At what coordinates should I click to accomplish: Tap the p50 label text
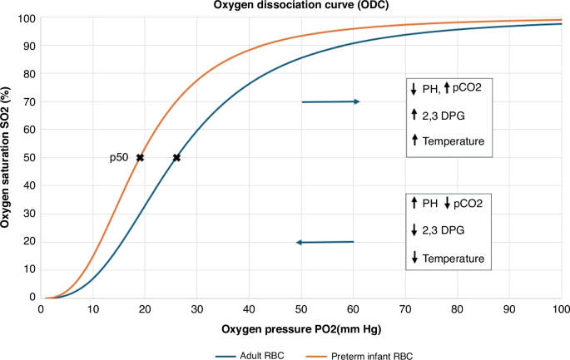tap(120, 158)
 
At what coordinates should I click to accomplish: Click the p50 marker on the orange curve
tap(141, 157)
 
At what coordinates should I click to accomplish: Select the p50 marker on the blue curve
tap(176, 157)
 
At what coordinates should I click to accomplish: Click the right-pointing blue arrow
tap(330, 101)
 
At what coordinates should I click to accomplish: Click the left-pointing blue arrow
tap(325, 242)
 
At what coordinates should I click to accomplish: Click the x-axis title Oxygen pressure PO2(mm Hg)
tap(301, 329)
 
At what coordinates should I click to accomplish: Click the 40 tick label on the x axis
tap(250, 308)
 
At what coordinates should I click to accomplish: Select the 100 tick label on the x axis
tap(560, 308)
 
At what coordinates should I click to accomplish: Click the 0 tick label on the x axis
tap(42, 308)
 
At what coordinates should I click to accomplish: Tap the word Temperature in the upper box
tap(454, 142)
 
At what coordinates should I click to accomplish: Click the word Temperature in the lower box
tap(454, 259)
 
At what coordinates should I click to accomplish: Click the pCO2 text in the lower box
tap(468, 203)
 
